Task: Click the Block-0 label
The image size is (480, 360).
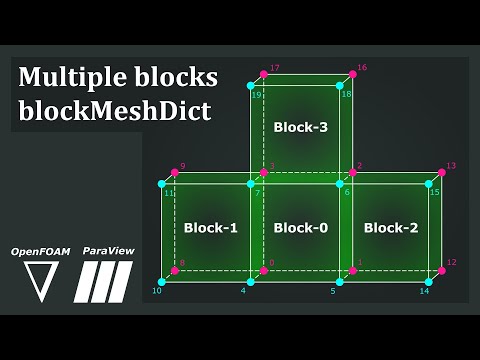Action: [x=300, y=228]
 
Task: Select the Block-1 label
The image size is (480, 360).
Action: [x=211, y=228]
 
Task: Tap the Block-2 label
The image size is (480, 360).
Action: [x=391, y=228]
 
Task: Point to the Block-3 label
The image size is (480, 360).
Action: [x=300, y=127]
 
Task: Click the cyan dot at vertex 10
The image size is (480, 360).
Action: [x=162, y=283]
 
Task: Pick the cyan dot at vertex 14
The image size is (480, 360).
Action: [x=428, y=283]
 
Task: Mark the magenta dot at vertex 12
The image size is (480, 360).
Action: [x=441, y=270]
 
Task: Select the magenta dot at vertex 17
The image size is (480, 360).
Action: [x=263, y=74]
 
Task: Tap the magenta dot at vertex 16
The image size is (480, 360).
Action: [x=352, y=74]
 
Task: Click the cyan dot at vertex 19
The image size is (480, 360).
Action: [x=251, y=87]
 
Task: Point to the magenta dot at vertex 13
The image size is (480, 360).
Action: [x=441, y=172]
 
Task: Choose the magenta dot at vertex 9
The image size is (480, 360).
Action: [x=174, y=172]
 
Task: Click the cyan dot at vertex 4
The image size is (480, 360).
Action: [x=250, y=283]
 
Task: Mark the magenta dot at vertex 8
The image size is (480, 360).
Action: [x=174, y=270]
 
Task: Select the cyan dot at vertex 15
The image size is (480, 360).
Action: [x=428, y=184]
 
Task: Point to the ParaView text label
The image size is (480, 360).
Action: [x=109, y=251]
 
